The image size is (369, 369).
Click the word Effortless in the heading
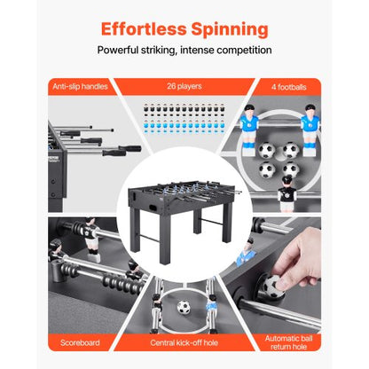point(144,29)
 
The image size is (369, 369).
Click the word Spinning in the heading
point(230,30)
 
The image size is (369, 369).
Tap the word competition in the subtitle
point(244,51)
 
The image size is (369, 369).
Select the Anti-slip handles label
point(80,87)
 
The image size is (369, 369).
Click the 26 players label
point(184,86)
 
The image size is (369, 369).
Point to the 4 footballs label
point(289,87)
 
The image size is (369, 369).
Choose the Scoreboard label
point(80,342)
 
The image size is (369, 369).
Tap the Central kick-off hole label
point(184,342)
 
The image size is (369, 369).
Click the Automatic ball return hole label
point(288,342)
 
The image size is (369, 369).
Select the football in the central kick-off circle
point(184,308)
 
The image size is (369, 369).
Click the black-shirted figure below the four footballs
point(287,193)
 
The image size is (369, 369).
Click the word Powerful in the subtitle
point(118,50)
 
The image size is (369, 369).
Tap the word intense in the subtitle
point(197,50)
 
